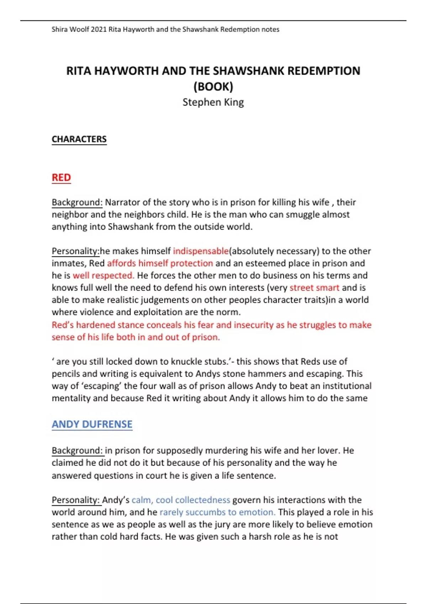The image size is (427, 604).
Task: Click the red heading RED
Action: pos(61,177)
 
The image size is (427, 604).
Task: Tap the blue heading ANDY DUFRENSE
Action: pos(92,424)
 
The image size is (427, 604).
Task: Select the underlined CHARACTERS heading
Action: pos(79,139)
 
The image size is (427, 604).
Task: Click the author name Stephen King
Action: pos(213,102)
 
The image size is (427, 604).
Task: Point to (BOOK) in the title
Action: pos(213,86)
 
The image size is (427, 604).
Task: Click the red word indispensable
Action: pos(201,251)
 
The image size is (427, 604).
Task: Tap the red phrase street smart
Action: pos(314,288)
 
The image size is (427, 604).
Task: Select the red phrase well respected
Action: pos(103,275)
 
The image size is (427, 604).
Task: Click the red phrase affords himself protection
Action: pos(160,263)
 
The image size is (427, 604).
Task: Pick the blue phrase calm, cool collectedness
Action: pos(181,500)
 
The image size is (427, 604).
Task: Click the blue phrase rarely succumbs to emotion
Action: pos(217,512)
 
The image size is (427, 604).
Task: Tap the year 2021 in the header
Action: pos(99,29)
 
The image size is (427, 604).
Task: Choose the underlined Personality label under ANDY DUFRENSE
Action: pos(76,500)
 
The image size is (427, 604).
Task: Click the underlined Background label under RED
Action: pos(77,202)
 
